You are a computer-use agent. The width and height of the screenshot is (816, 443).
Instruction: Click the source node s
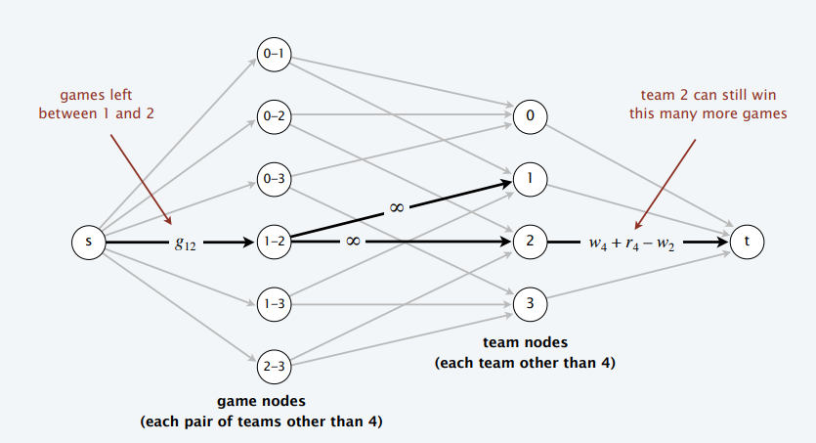point(89,243)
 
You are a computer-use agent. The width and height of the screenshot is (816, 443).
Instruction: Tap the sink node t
point(747,243)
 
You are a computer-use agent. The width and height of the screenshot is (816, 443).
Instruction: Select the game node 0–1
point(275,54)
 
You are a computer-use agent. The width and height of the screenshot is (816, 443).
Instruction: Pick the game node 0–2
point(275,116)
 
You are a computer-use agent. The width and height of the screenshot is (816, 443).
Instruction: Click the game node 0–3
point(275,179)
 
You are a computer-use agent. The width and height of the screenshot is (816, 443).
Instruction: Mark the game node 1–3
point(275,304)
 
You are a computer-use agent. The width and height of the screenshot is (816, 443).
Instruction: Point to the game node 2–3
point(275,367)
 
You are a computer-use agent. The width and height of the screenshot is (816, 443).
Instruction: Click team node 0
point(530,116)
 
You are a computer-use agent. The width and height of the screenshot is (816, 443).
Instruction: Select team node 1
point(530,179)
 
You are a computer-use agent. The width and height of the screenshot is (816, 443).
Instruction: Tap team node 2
point(530,242)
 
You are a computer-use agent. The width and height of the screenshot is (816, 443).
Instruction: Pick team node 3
point(530,304)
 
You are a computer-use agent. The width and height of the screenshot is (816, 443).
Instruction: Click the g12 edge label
point(186,244)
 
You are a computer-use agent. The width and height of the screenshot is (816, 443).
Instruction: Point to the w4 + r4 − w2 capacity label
point(631,244)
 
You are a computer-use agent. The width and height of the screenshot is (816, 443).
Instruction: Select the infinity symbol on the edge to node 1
point(396,207)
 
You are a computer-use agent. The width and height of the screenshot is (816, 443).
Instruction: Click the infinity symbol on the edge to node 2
point(353,241)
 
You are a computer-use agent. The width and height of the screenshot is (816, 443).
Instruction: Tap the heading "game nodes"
point(261,401)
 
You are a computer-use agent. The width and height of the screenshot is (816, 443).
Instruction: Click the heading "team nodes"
point(525,342)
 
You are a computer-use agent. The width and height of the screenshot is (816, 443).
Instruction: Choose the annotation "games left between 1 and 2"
point(97,104)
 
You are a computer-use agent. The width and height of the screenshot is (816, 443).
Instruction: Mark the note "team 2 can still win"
point(709,95)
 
